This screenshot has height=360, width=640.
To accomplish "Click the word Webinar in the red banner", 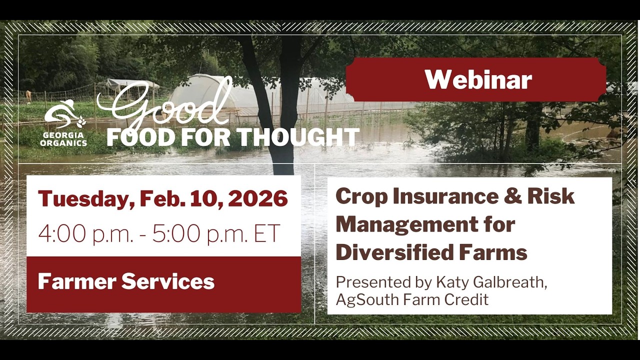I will (478, 80).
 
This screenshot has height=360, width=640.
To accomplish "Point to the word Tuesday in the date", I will (84, 198).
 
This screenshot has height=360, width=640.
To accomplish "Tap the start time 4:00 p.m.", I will (85, 234).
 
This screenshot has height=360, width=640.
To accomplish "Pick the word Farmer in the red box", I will (76, 281).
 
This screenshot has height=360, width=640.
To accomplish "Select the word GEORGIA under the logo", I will (63, 135).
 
